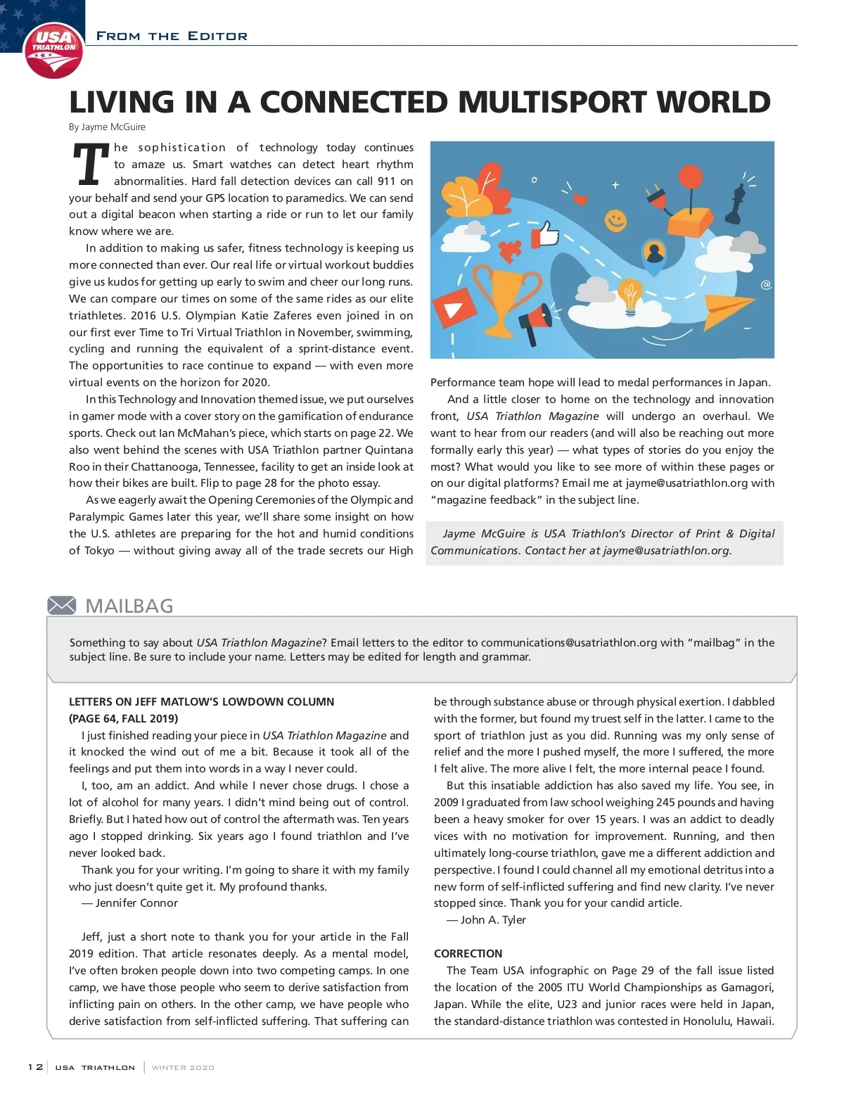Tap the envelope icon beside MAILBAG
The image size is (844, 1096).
[x=62, y=605]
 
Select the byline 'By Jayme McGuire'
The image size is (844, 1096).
[x=107, y=127]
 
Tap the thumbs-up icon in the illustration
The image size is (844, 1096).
[x=546, y=234]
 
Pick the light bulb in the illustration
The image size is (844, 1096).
[x=630, y=295]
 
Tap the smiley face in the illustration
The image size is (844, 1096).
[x=616, y=220]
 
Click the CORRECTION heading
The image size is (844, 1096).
[x=468, y=953]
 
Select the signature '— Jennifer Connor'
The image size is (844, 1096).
[x=129, y=903]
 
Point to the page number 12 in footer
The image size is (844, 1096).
[x=35, y=1067]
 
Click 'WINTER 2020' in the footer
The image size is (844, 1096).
[x=183, y=1067]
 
